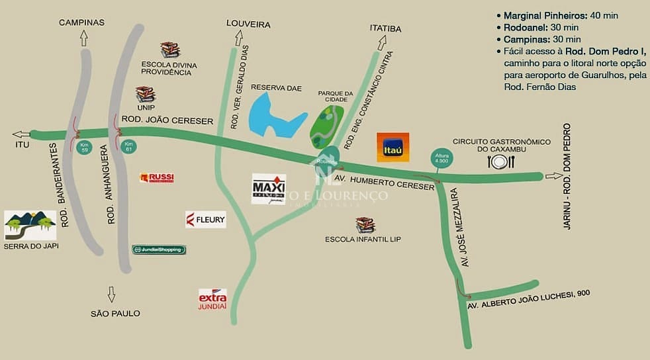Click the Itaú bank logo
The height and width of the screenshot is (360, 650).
click(393, 147)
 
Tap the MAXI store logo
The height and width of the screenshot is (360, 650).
click(269, 189)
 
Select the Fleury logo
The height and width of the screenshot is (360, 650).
click(206, 220)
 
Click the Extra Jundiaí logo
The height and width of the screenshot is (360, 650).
click(212, 299)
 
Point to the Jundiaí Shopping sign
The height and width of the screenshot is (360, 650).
click(159, 249)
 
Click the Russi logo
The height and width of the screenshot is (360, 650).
click(157, 177)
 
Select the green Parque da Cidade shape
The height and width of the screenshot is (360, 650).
click(326, 125)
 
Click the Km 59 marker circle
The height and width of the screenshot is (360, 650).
click(83, 146)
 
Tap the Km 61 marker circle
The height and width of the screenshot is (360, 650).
click(129, 146)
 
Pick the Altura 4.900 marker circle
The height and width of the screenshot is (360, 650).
click(441, 157)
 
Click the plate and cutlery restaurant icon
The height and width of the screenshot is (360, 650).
click(499, 161)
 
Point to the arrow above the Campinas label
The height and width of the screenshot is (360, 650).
click(83, 38)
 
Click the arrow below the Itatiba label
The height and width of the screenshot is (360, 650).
click(382, 43)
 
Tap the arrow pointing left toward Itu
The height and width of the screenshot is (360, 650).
click(21, 134)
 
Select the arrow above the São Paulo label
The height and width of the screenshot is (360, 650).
click(111, 293)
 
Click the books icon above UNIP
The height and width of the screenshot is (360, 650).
click(145, 94)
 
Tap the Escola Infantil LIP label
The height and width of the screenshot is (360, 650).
click(363, 239)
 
